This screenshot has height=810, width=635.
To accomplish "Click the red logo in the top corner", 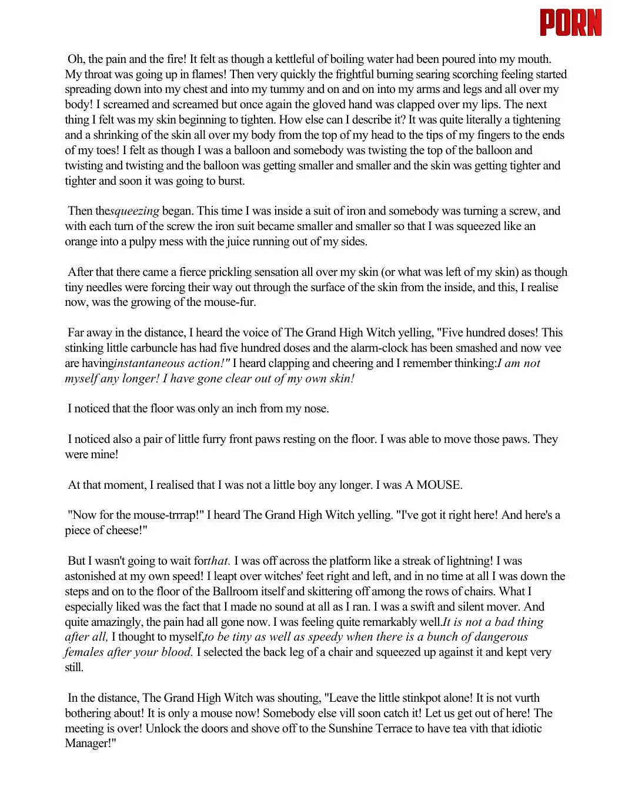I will point(570,23).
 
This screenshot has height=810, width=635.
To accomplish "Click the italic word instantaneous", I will point(149,364).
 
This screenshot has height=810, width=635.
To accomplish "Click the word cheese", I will point(124,531).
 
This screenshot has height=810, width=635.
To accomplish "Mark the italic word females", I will point(83,652).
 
